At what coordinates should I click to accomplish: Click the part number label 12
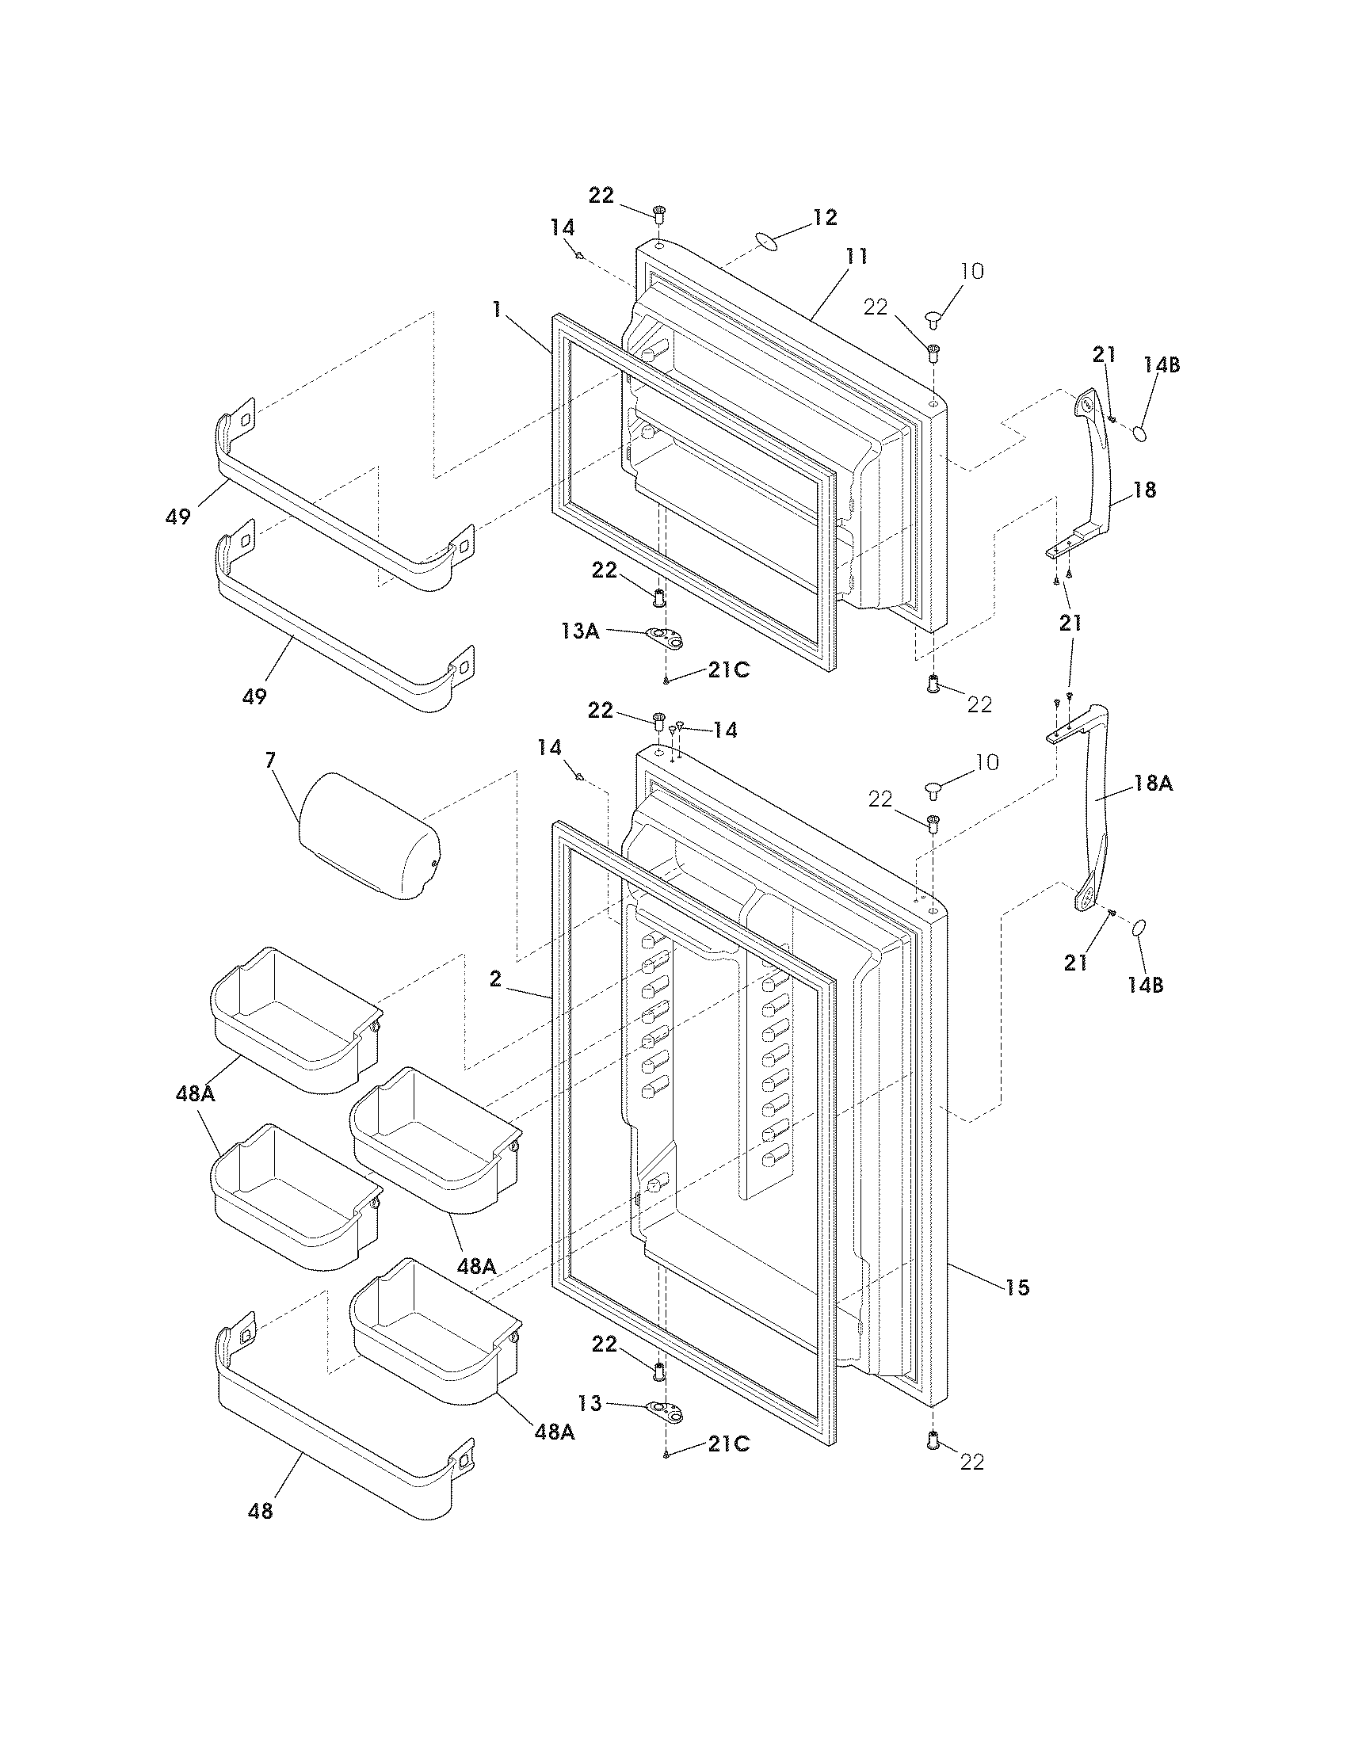click(x=825, y=217)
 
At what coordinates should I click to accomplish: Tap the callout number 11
click(x=857, y=256)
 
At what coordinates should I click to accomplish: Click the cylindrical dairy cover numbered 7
click(x=368, y=836)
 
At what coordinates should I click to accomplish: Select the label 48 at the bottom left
click(x=261, y=1510)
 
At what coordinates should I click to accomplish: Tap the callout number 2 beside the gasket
click(x=494, y=978)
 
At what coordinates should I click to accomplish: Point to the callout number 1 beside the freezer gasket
click(x=496, y=309)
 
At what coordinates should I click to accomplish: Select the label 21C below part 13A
click(x=728, y=670)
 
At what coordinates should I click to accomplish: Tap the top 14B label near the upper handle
click(x=1161, y=364)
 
